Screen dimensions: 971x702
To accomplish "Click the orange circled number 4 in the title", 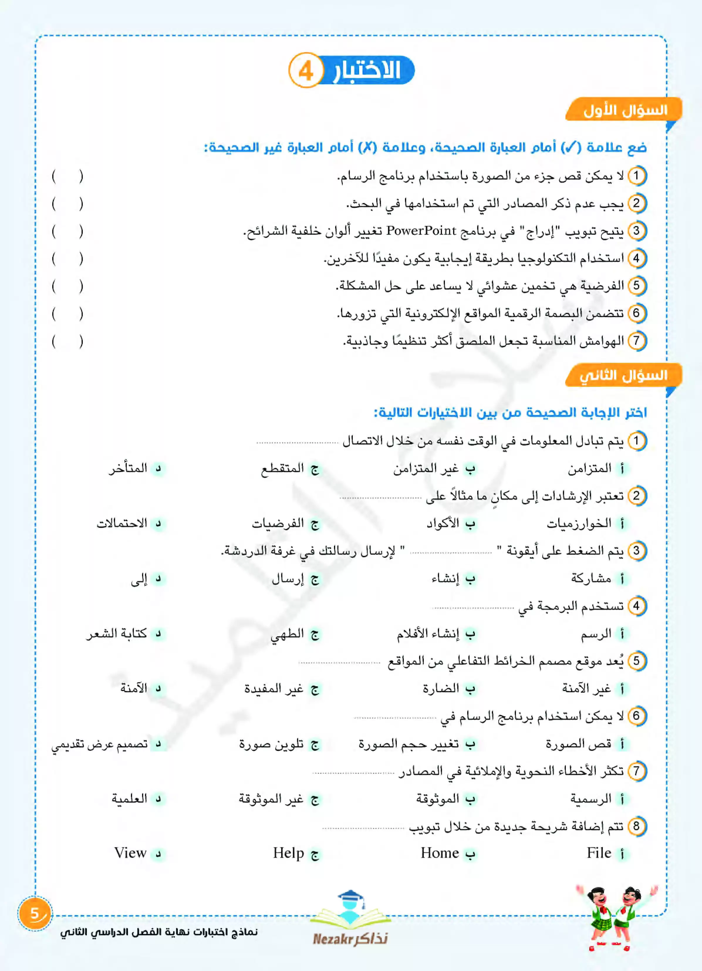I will pos(306,71).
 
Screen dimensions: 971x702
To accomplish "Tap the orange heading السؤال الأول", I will pos(625,110).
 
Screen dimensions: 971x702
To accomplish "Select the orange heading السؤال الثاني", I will pos(623,375).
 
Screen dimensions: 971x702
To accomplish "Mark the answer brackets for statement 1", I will pos(67,176).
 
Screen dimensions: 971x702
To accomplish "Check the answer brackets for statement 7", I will pos(67,341).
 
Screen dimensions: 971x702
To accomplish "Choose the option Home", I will pos(440,853).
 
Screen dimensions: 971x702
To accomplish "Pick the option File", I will pos(599,853).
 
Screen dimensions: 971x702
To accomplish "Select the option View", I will pos(130,853).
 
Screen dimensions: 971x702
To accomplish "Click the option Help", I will pos(288,853).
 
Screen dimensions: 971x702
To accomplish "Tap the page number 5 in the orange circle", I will pos(35,914).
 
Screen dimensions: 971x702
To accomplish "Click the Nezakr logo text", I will pos(350,939).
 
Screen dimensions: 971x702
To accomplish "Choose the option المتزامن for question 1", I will pos(589,468).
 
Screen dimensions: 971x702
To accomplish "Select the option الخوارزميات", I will pos(579,523).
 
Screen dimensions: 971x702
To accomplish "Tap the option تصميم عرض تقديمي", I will pos(100,744).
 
